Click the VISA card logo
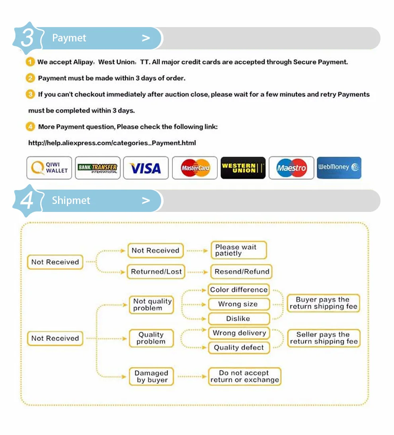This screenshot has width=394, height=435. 146,168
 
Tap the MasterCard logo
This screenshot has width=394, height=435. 195,168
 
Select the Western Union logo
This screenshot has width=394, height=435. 243,168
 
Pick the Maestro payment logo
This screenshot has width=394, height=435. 291,168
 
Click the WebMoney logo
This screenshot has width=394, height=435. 339,168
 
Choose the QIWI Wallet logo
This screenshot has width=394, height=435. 49,168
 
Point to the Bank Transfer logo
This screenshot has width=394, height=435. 98,168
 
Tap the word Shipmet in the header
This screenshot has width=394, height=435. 71,200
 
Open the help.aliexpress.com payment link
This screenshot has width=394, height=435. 112,143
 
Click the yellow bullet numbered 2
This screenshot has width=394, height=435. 30,78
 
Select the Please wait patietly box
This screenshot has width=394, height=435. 238,250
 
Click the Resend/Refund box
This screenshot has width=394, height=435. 242,272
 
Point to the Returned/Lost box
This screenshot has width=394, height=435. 156,272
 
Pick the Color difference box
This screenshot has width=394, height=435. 239,290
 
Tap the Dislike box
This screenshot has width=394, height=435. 238,319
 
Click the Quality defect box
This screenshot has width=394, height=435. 239,348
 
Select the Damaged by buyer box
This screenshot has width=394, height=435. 151,377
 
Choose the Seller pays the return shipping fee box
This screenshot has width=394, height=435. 324,338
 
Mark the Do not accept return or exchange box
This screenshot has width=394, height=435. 244,376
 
